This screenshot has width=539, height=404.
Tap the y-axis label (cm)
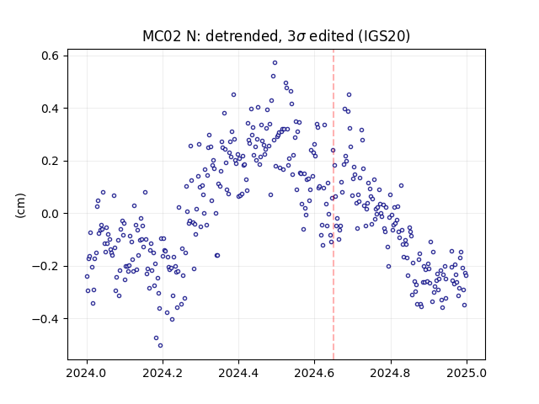(x=20, y=205)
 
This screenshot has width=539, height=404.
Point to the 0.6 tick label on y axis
(x=50, y=56)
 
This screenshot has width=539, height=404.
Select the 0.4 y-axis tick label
(x=50, y=109)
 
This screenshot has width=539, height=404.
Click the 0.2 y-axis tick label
(x=50, y=161)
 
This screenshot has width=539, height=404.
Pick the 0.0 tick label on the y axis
(x=50, y=213)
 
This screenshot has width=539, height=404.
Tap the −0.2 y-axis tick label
(x=45, y=266)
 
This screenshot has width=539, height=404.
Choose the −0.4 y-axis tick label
(x=45, y=319)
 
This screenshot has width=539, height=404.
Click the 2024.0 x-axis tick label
(x=87, y=373)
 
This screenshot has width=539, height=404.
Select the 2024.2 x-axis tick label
(x=163, y=373)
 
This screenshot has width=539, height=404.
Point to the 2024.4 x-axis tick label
(x=238, y=373)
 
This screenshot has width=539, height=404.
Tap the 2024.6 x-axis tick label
(x=314, y=373)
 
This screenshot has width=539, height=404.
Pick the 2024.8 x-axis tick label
(x=391, y=373)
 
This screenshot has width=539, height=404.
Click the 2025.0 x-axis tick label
(x=467, y=373)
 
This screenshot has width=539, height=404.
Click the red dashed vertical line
(x=334, y=205)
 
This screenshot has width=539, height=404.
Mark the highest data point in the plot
(x=275, y=63)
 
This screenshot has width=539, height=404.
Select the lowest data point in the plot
(x=160, y=346)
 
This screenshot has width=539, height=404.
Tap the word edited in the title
(x=331, y=36)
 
